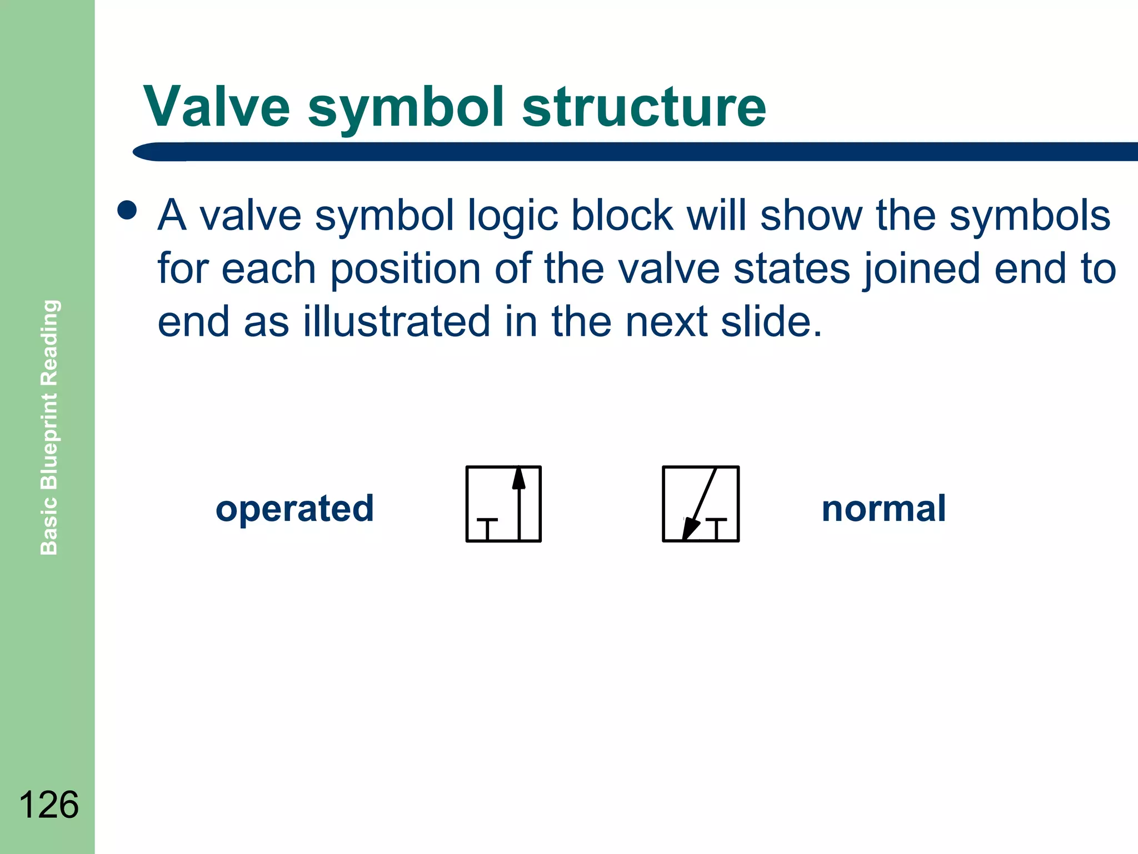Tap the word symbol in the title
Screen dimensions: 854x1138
[x=406, y=108]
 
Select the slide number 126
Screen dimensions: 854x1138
[x=48, y=805]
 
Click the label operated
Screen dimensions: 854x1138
[x=295, y=509]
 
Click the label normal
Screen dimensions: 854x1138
[x=884, y=509]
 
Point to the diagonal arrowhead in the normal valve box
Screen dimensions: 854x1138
[x=690, y=528]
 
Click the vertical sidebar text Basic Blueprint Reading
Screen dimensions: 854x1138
[x=49, y=427]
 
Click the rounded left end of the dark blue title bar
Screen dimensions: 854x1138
[x=146, y=152]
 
